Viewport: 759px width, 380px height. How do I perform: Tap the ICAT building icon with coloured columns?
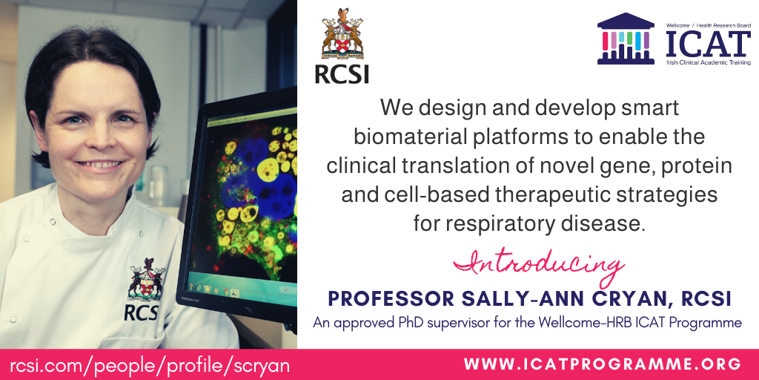pyautogui.click(x=626, y=39)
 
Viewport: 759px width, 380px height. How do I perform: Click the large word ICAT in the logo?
pyautogui.click(x=708, y=44)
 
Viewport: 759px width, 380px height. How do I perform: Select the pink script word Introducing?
pyautogui.click(x=538, y=266)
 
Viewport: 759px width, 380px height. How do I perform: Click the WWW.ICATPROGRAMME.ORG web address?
pyautogui.click(x=602, y=364)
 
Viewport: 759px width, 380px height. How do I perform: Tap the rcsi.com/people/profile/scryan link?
pyautogui.click(x=150, y=365)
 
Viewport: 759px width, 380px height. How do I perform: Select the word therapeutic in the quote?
pyautogui.click(x=538, y=195)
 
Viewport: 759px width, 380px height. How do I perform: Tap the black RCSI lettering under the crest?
pyautogui.click(x=342, y=74)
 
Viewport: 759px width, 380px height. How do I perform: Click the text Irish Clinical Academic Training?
pyautogui.click(x=708, y=62)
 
